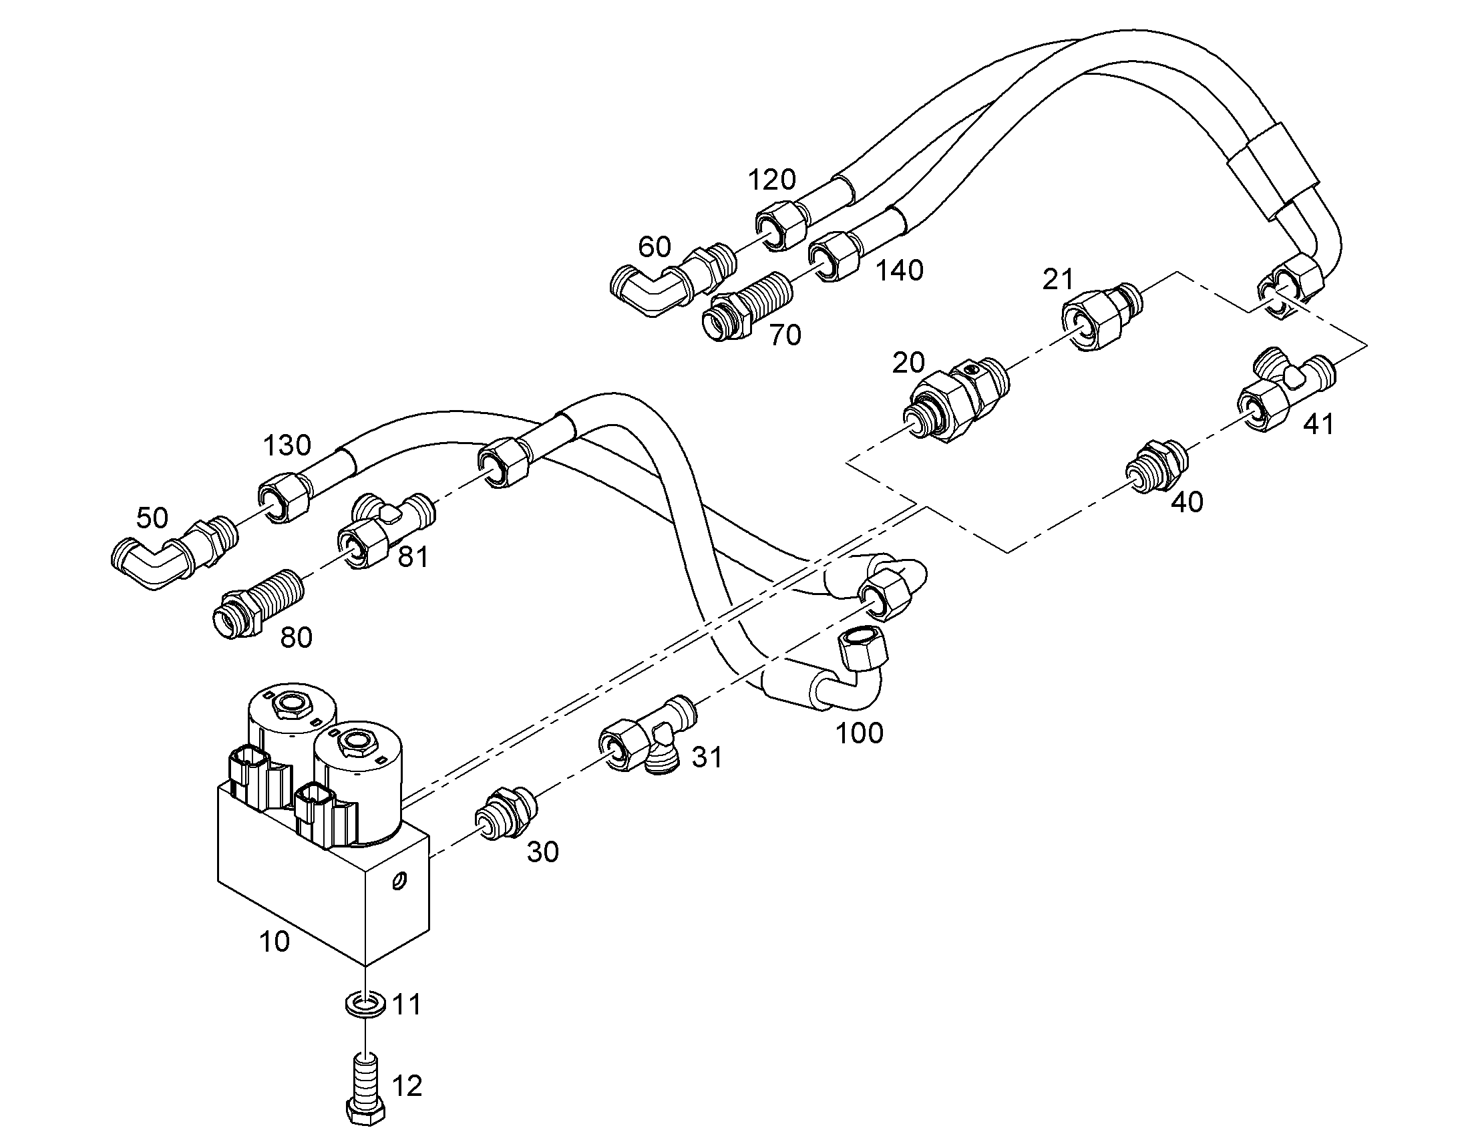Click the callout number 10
pyautogui.click(x=275, y=942)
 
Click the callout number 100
pyautogui.click(x=860, y=733)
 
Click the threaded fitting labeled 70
pyautogui.click(x=747, y=305)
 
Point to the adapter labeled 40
pyautogui.click(x=1157, y=466)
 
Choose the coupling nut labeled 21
pyautogui.click(x=1102, y=315)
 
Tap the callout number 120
pyautogui.click(x=771, y=180)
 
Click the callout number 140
pyautogui.click(x=900, y=270)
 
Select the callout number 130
pyautogui.click(x=287, y=445)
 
